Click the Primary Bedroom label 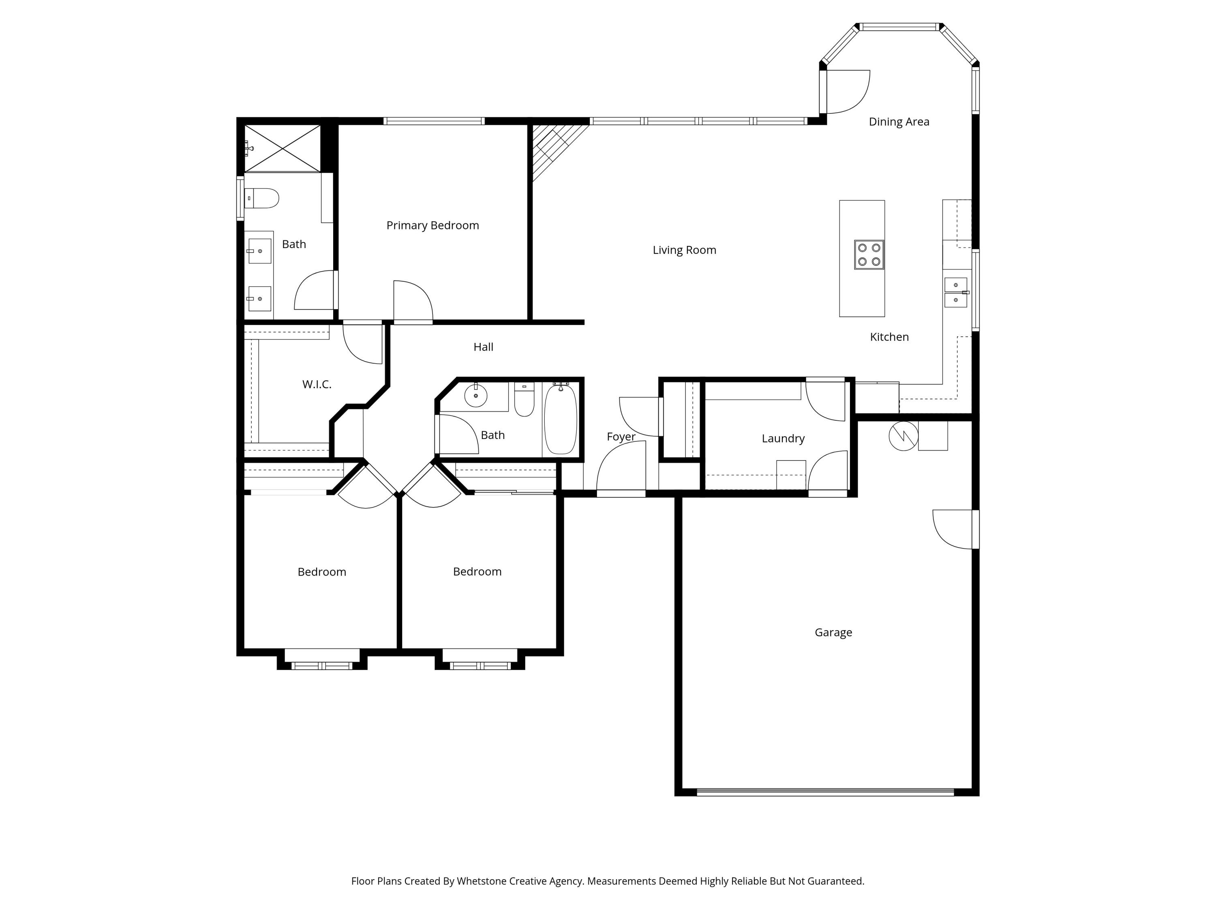click(x=432, y=225)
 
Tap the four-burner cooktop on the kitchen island click(x=869, y=255)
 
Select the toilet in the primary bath click(x=262, y=198)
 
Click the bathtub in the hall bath click(x=560, y=420)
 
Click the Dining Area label click(x=898, y=122)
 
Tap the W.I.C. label click(x=317, y=384)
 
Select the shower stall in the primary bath click(x=282, y=148)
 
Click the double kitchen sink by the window click(x=955, y=293)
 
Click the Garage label click(x=833, y=632)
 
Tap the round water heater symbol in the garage click(x=903, y=436)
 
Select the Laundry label click(x=783, y=439)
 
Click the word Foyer click(x=621, y=437)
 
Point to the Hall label click(x=483, y=347)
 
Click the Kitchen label click(x=889, y=337)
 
